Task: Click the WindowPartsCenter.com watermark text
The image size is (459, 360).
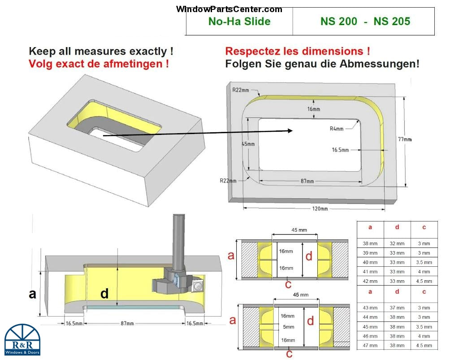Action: (229, 9)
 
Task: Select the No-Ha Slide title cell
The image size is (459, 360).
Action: (239, 22)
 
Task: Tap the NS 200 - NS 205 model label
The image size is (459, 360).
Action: (365, 22)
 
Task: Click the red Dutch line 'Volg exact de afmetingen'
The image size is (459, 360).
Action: (99, 64)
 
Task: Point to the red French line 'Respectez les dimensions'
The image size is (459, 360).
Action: (297, 51)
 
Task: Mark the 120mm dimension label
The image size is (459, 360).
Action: (320, 209)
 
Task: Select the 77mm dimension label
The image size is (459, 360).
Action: (404, 139)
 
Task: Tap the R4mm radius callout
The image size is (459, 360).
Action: (337, 129)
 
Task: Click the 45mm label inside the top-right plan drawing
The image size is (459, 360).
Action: (248, 144)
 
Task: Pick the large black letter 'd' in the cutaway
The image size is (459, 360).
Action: (104, 294)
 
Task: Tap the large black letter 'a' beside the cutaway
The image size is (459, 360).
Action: (32, 294)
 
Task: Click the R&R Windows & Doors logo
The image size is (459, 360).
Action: (22, 339)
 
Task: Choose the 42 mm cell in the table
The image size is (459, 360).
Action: (370, 281)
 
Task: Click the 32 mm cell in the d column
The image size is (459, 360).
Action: (397, 243)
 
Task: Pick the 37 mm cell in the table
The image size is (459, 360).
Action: (397, 308)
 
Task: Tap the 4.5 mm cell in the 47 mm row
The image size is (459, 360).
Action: (424, 345)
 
